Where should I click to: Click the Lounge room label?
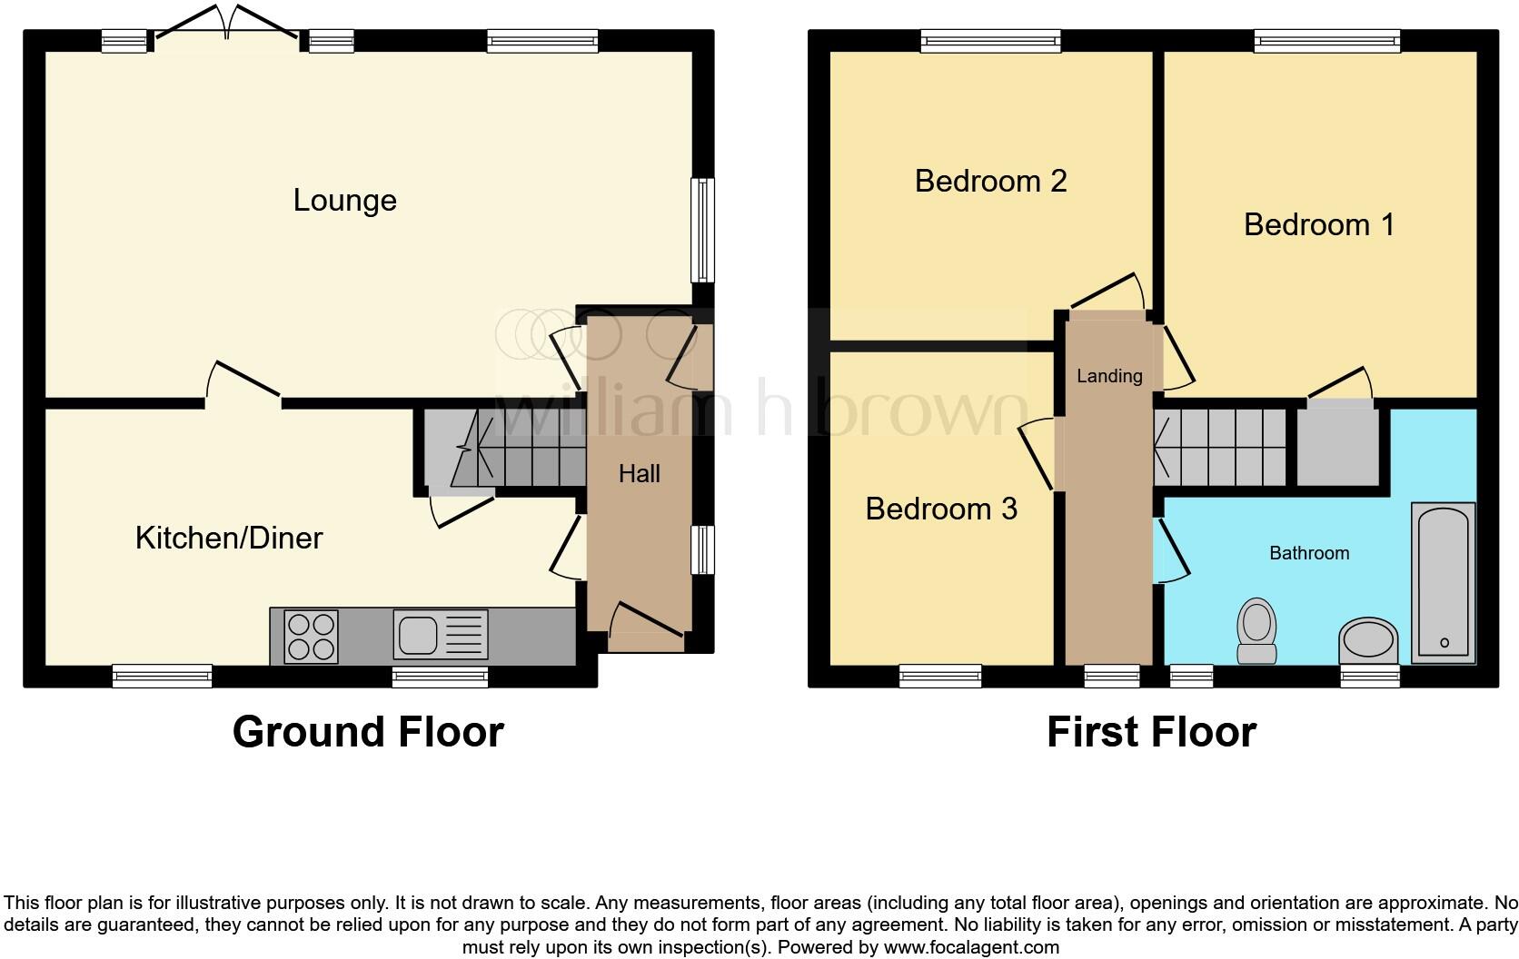pyautogui.click(x=344, y=200)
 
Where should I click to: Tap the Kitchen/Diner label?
pyautogui.click(x=229, y=538)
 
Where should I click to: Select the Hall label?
pyautogui.click(x=639, y=473)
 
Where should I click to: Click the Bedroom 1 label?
pyautogui.click(x=1318, y=224)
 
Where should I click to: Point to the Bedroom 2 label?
pyautogui.click(x=990, y=181)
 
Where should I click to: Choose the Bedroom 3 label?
pyautogui.click(x=941, y=509)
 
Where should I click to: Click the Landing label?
pyautogui.click(x=1109, y=375)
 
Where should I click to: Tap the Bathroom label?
pyautogui.click(x=1309, y=552)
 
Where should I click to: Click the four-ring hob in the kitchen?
pyautogui.click(x=311, y=635)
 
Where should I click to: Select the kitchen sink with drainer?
pyautogui.click(x=441, y=634)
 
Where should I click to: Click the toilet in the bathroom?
pyautogui.click(x=1257, y=630)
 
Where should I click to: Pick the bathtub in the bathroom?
pyautogui.click(x=1443, y=582)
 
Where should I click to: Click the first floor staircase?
pyautogui.click(x=1221, y=448)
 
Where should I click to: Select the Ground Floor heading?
pyautogui.click(x=368, y=732)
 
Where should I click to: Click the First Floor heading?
pyautogui.click(x=1151, y=732)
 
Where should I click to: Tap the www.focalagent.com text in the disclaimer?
pyautogui.click(x=971, y=947)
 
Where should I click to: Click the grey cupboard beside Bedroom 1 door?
pyautogui.click(x=1337, y=448)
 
